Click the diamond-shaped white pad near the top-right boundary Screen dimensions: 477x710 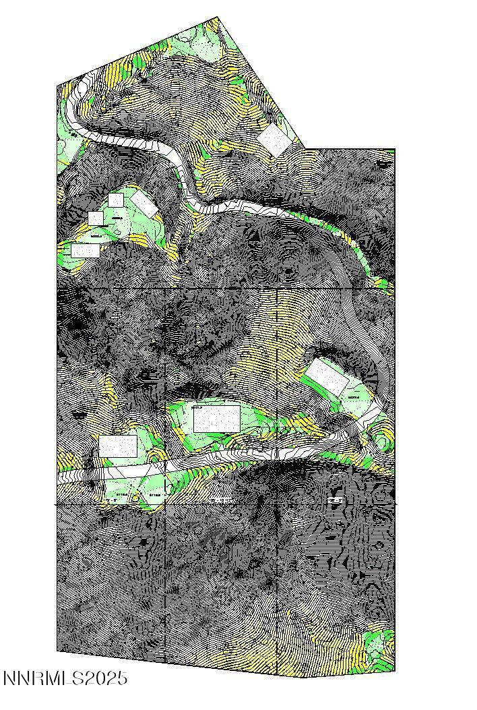[275, 139]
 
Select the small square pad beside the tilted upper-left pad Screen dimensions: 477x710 [115, 200]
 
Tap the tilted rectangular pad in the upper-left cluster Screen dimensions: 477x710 [144, 204]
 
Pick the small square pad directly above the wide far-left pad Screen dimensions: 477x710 [96, 218]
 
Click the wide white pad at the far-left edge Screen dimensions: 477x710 [86, 250]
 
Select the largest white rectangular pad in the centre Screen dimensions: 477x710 [216, 419]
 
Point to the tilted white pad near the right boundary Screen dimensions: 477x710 [327, 377]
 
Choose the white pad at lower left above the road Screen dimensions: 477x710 [118, 446]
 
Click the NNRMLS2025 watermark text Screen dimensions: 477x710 [65, 678]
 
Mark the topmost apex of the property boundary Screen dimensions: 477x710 [218, 17]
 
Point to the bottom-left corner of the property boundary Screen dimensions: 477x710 [57, 651]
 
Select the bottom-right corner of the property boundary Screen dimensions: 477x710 [394, 672]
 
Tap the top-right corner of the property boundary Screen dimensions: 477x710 [394, 148]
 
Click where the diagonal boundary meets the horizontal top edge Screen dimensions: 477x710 [306, 148]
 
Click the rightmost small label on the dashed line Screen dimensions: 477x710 [336, 500]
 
